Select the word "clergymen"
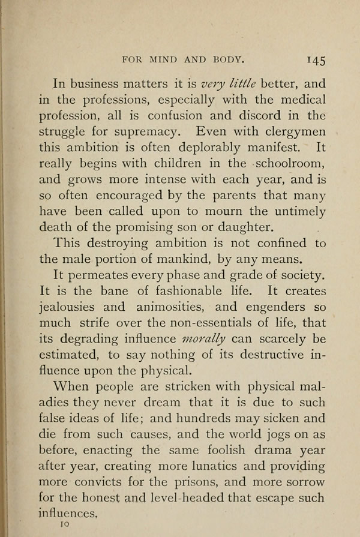pyautogui.click(x=292, y=131)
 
